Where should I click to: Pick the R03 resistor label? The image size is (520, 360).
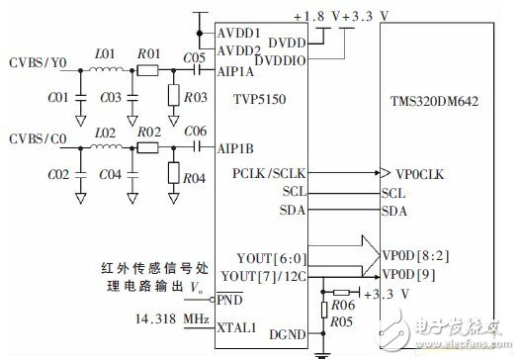(195, 97)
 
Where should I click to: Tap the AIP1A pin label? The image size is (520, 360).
(234, 71)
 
